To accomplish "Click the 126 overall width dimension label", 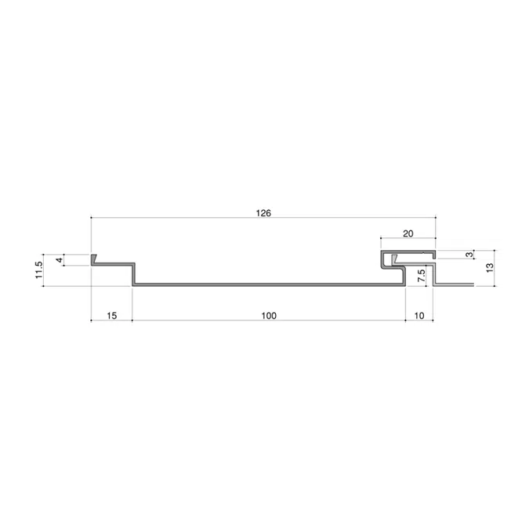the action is [x=263, y=213].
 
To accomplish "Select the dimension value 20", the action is [x=408, y=234].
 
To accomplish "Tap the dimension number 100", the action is [x=269, y=316].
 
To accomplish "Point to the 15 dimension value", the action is [x=111, y=316].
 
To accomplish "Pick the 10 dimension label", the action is [x=419, y=316].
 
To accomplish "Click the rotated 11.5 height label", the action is [x=39, y=270].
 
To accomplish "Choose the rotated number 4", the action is [x=60, y=260].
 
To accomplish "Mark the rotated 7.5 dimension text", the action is [x=422, y=276].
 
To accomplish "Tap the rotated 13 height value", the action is [x=490, y=268].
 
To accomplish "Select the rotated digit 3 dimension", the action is [x=469, y=255].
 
